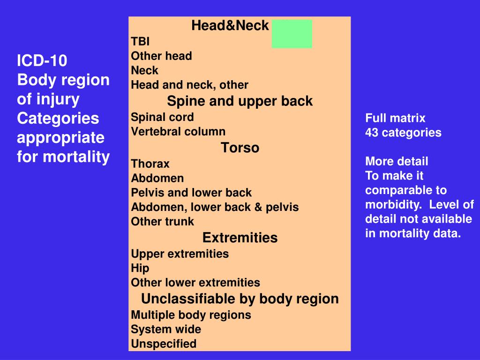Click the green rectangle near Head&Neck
(292, 34)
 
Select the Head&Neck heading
(230, 26)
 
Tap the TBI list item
(140, 41)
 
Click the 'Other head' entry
(161, 56)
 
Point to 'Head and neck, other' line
(189, 85)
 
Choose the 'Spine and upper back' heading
(240, 101)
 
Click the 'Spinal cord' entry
(162, 117)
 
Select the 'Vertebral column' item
(178, 131)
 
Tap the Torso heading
(240, 148)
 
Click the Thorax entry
(150, 164)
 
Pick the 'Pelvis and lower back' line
(191, 193)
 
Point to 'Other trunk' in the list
(162, 221)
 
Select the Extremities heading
(240, 238)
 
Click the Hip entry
(140, 268)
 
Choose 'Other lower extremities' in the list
(195, 282)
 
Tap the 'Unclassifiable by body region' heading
(240, 299)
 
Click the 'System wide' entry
(166, 329)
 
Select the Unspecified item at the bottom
(164, 344)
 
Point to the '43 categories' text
(403, 133)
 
